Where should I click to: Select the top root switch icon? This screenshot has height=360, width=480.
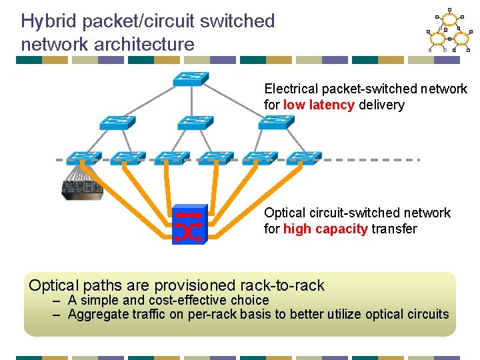191,79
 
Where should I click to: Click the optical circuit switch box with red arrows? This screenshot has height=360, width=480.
189,225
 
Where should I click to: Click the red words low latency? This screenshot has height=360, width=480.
319,105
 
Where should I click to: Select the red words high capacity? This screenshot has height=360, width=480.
325,229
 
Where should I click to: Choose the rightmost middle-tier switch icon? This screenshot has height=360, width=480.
275,123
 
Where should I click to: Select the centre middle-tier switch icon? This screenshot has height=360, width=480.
195,123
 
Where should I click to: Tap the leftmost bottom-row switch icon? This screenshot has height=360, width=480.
83,158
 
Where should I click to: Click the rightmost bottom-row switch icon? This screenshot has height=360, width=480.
303,158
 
